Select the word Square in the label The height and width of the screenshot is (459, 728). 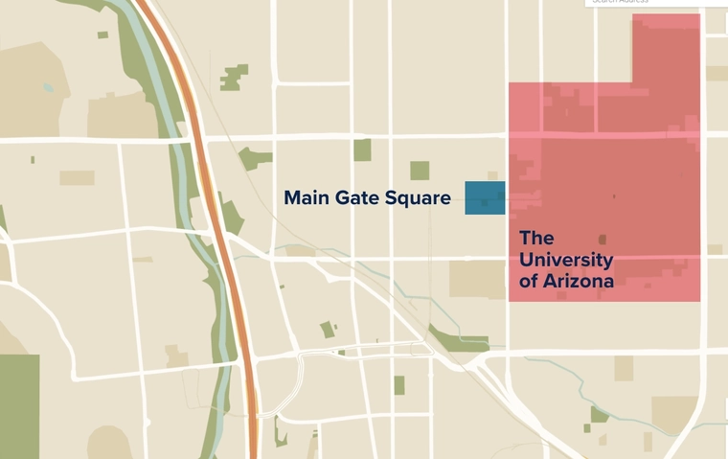pos(418,198)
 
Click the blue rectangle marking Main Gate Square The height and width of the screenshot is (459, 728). pos(485,197)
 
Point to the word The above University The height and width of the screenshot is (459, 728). pos(536,238)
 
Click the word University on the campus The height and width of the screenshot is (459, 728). pos(566,260)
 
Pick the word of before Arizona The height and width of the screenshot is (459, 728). pos(528,282)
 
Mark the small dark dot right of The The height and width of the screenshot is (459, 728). pos(603,239)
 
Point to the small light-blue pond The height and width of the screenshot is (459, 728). pos(47,87)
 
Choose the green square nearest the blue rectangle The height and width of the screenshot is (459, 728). pos(420,171)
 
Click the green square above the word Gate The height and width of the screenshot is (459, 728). pos(362,149)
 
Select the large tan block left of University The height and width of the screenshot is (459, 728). pos(477,279)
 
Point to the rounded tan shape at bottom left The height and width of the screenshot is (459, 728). pos(108,443)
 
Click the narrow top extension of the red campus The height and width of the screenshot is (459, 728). pos(666,48)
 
